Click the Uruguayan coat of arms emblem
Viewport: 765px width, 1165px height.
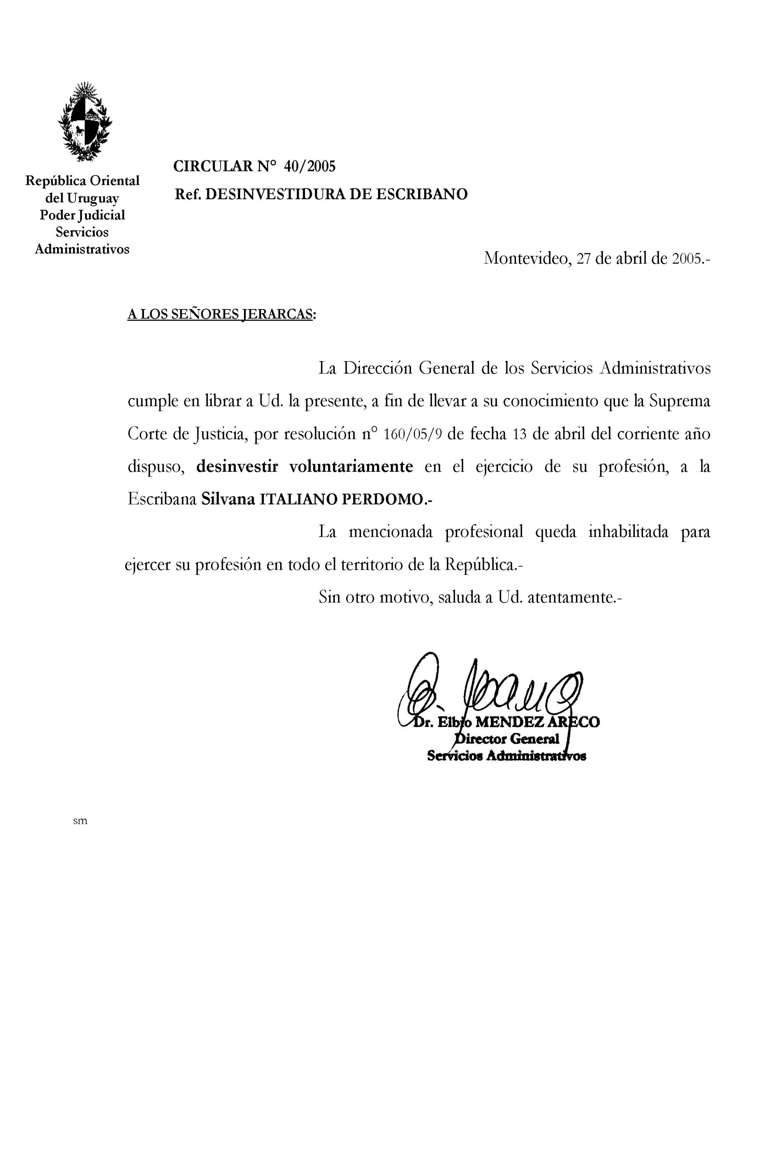click(85, 122)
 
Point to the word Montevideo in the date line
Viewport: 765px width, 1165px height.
click(526, 258)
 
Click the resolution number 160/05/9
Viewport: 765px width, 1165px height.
click(413, 434)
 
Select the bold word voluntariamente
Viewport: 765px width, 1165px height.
click(351, 466)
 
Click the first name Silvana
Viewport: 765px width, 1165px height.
click(228, 499)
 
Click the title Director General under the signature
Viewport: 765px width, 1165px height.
click(507, 739)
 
